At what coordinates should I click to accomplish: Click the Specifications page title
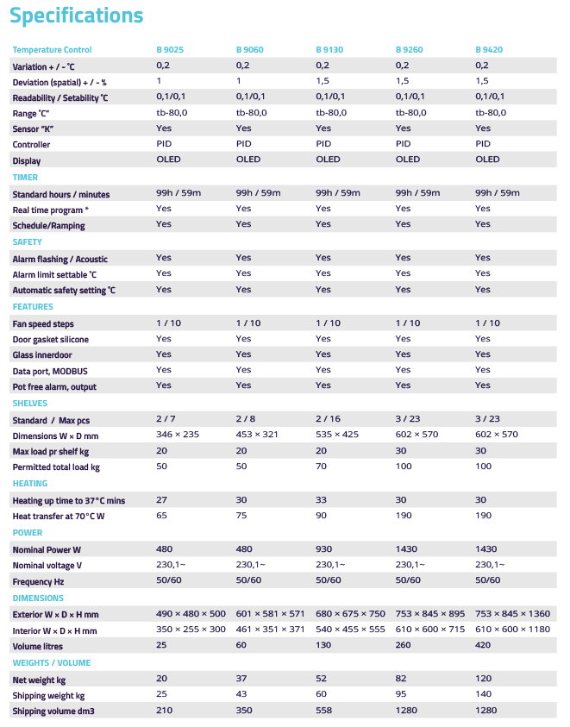tap(77, 16)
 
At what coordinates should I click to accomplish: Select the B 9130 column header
tap(329, 50)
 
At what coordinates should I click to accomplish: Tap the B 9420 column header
tap(489, 50)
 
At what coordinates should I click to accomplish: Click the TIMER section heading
tap(25, 178)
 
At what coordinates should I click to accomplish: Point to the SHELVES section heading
tap(30, 403)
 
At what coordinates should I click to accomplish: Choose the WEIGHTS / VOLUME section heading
tap(51, 663)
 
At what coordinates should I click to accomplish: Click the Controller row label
tap(31, 145)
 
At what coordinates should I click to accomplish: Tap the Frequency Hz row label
tap(37, 581)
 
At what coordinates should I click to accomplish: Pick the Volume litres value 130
tap(324, 644)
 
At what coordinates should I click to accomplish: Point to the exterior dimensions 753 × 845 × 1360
tap(512, 613)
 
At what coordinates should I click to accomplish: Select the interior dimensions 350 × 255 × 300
tap(191, 630)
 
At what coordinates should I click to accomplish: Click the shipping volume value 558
tap(324, 711)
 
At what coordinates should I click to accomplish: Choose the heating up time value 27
tap(161, 499)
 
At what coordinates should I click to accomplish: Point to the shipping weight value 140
tap(484, 695)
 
